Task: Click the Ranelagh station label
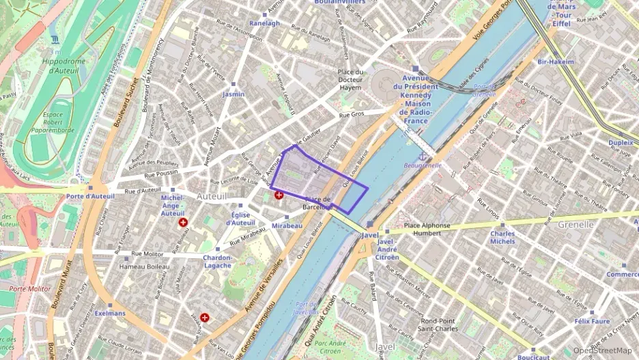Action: click(x=265, y=23)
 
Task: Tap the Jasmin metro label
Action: click(x=233, y=94)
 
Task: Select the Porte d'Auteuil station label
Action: click(x=90, y=196)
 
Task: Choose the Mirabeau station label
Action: click(x=287, y=225)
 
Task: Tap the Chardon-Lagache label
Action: click(x=218, y=262)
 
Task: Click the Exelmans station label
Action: click(x=110, y=314)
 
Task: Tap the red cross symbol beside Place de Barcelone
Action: click(x=279, y=195)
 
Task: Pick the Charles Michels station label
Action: click(x=502, y=237)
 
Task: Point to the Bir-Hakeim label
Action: click(x=556, y=61)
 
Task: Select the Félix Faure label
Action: click(x=591, y=320)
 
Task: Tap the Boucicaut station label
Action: click(x=533, y=357)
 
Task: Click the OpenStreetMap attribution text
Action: click(x=602, y=350)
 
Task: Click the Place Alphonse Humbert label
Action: click(x=427, y=229)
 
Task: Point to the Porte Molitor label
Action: click(x=30, y=288)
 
